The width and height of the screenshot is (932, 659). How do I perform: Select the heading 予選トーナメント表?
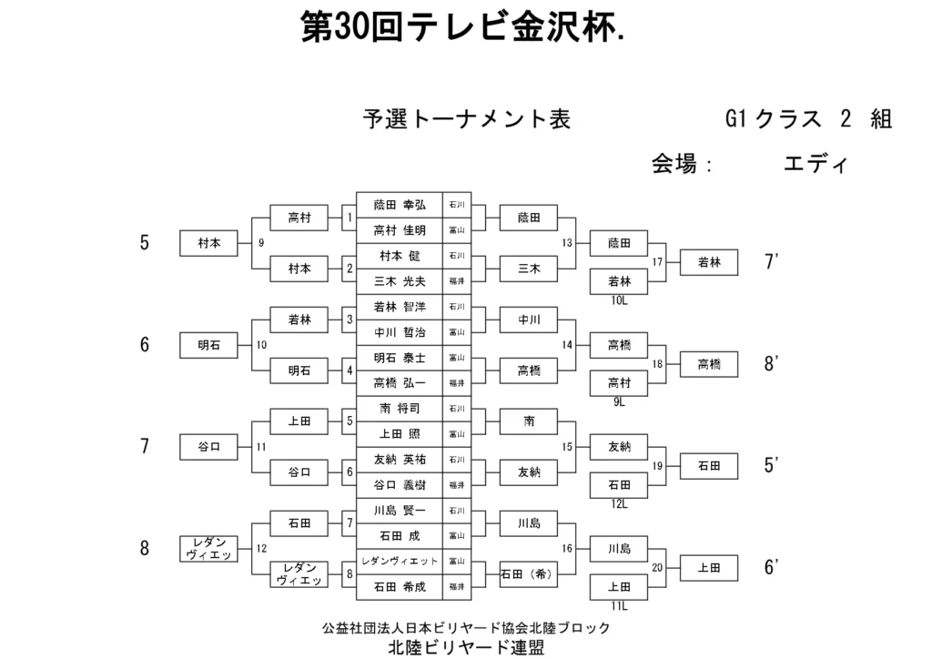pyautogui.click(x=467, y=119)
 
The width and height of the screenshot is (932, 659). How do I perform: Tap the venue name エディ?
pyautogui.click(x=815, y=165)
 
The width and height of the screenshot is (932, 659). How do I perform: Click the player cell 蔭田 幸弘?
pyautogui.click(x=399, y=205)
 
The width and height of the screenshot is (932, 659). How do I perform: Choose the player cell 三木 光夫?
pyautogui.click(x=399, y=281)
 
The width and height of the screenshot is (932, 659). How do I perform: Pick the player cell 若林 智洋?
pyautogui.click(x=399, y=307)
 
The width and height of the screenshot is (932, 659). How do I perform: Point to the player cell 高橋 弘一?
pyautogui.click(x=399, y=383)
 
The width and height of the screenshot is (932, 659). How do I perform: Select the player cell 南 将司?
pyautogui.click(x=399, y=409)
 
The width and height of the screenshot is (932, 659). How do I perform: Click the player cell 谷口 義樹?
pyautogui.click(x=399, y=485)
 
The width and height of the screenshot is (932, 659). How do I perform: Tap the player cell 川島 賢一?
pyautogui.click(x=399, y=511)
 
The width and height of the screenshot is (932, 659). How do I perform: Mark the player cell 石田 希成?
pyautogui.click(x=399, y=587)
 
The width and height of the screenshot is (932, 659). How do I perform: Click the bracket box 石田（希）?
pyautogui.click(x=529, y=574)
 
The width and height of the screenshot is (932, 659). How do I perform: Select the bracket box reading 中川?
pyautogui.click(x=529, y=319)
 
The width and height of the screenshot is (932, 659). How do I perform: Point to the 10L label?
pyautogui.click(x=620, y=299)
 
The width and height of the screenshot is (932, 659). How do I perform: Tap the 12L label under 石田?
pyautogui.click(x=620, y=503)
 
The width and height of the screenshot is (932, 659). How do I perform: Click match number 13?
pyautogui.click(x=568, y=243)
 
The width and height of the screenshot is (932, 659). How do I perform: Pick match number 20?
pyautogui.click(x=657, y=567)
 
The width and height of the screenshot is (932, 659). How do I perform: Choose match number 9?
pyautogui.click(x=262, y=243)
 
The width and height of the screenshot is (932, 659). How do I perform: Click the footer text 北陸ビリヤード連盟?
pyautogui.click(x=466, y=647)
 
